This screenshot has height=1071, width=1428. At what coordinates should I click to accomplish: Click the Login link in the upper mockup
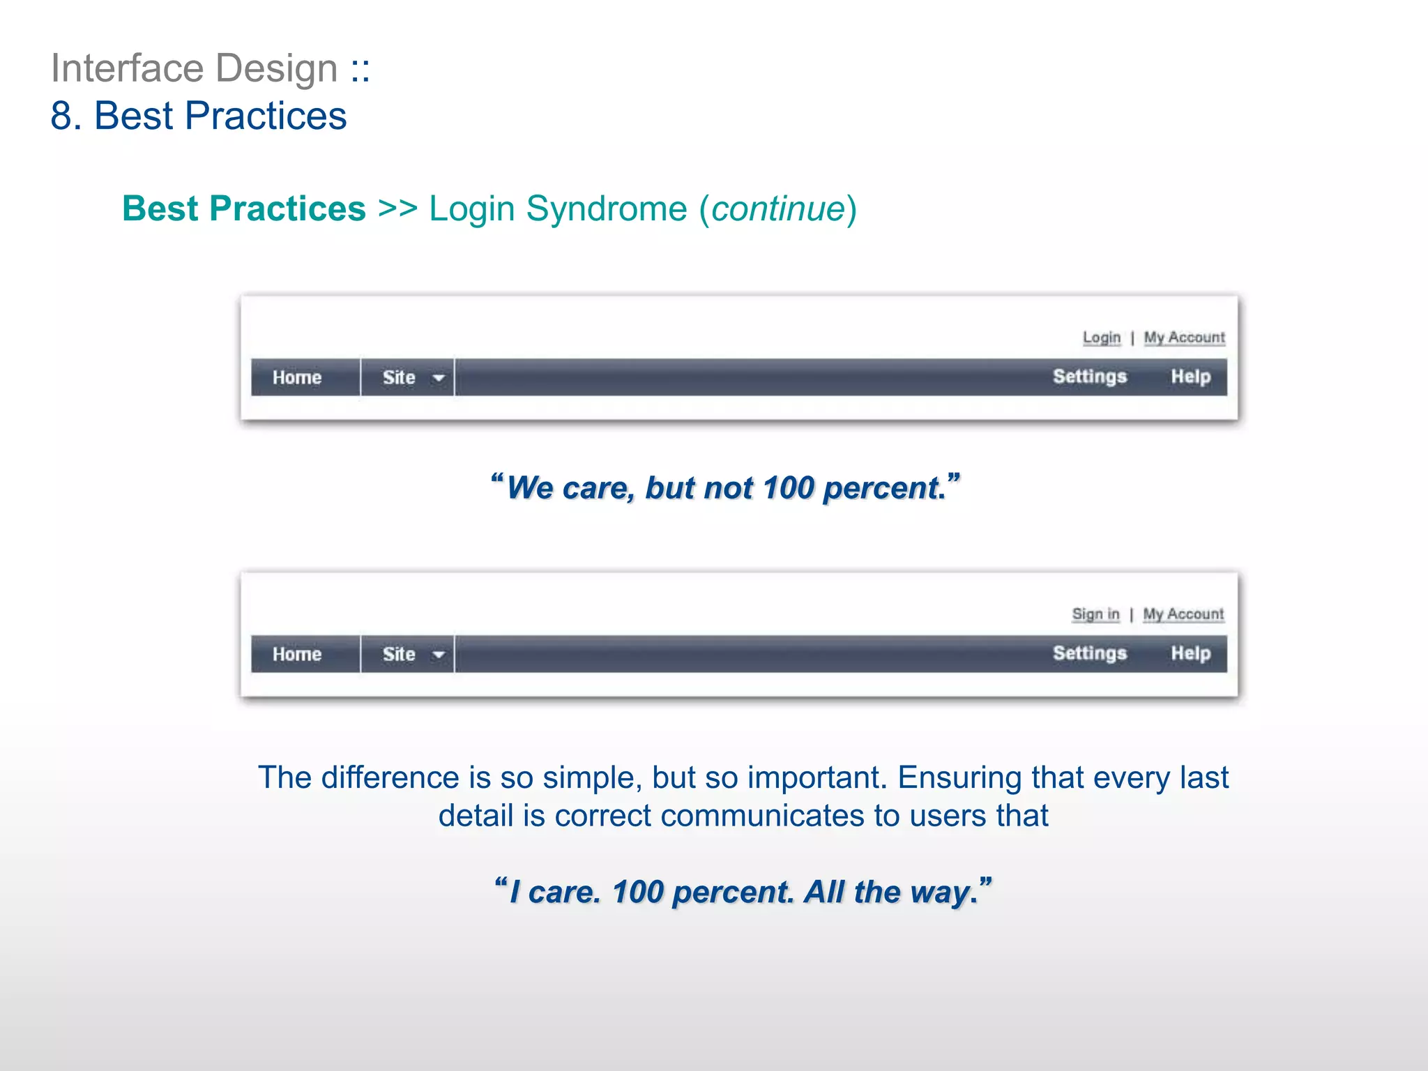1101,337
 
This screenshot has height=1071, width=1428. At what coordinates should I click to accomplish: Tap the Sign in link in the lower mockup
1095,614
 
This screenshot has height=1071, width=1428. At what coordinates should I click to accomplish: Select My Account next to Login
1184,337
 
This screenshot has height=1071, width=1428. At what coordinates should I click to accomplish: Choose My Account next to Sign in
1183,614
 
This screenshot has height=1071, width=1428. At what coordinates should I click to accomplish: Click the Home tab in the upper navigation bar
297,378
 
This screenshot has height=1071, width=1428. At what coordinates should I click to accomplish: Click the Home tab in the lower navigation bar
297,655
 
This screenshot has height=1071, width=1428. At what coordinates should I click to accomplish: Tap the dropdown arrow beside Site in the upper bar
439,379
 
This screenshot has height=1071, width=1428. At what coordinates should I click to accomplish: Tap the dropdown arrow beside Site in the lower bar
439,655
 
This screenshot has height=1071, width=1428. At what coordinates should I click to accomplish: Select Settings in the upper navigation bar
1089,377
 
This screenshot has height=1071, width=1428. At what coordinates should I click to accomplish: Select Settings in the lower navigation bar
1089,654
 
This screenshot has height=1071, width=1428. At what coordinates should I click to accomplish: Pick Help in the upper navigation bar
1190,377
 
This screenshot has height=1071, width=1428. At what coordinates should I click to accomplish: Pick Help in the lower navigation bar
1190,654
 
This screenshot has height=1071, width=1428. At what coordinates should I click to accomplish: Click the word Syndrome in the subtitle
606,209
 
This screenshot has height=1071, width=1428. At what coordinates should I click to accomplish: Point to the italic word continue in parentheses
778,209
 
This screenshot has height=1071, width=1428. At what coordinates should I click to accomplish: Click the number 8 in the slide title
61,116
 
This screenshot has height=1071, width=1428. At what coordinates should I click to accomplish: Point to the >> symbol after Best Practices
397,209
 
